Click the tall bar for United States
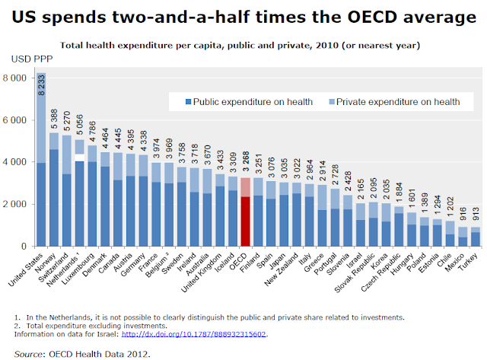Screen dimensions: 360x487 [42, 160]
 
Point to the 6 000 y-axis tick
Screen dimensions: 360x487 [17, 119]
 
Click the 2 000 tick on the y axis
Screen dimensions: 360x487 [17, 204]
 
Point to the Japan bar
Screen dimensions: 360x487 [284, 214]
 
